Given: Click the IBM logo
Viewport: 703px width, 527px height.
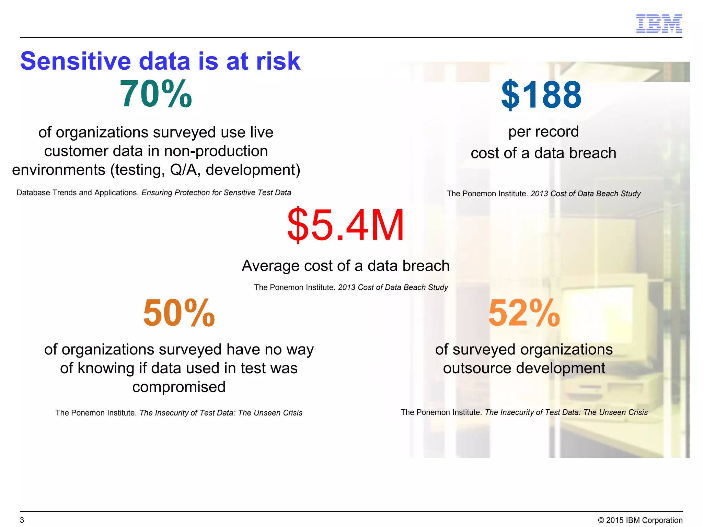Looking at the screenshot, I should click(659, 24).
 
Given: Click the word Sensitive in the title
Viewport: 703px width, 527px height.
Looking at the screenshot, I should click(76, 61).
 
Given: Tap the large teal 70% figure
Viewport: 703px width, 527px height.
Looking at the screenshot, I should click(156, 94).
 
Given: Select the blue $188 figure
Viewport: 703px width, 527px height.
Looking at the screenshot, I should click(541, 95).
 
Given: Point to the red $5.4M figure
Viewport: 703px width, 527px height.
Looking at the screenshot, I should click(346, 225).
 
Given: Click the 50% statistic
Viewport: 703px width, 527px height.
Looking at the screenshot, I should click(179, 313).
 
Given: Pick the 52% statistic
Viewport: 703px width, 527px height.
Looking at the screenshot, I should click(524, 313).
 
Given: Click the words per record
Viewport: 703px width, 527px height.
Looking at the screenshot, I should click(543, 132).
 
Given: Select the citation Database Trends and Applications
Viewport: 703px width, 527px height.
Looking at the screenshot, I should click(78, 193).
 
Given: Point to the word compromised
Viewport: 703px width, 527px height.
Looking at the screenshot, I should click(179, 387).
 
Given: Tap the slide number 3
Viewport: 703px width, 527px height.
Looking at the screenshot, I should click(22, 520).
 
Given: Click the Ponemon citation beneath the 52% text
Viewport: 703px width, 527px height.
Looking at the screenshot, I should click(524, 412).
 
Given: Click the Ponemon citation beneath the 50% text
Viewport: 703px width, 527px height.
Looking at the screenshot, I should click(179, 413).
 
